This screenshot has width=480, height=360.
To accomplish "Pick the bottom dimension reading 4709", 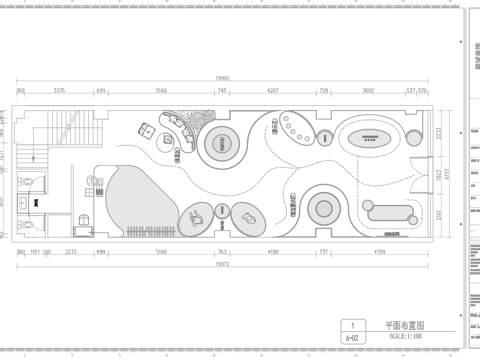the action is pos(385,254).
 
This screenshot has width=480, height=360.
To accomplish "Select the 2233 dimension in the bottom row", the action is pos(71,254).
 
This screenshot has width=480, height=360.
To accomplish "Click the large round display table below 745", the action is pos(222,142).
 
